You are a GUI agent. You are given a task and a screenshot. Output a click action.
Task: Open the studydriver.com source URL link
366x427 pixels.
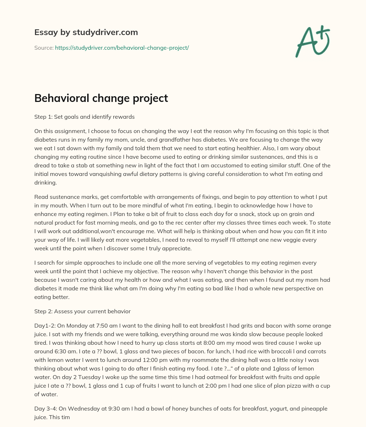pyautogui.click(x=122, y=48)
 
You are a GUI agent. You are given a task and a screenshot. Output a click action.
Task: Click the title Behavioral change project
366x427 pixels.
pyautogui.click(x=101, y=98)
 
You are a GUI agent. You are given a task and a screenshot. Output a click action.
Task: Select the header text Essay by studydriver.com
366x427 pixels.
pyautogui.click(x=86, y=32)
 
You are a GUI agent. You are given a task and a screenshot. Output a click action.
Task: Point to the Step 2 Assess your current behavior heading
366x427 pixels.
pyautogui.click(x=82, y=311)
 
